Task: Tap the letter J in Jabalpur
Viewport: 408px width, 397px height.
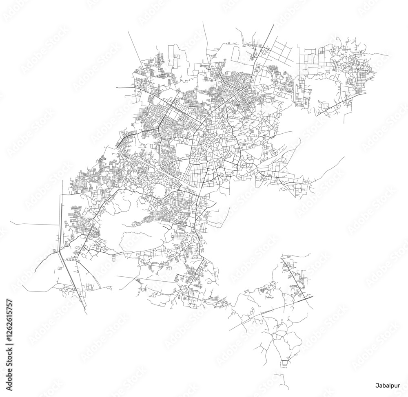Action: tap(377, 385)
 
